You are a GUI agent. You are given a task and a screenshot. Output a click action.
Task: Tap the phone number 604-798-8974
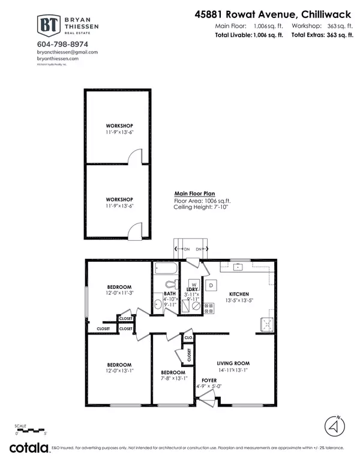click(62, 44)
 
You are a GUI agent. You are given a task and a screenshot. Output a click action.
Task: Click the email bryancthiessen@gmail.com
click(67, 52)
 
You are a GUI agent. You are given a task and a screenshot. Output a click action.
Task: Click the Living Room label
click(233, 363)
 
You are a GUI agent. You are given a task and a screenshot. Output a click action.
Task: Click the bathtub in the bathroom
click(170, 268)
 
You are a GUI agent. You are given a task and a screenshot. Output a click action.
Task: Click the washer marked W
click(194, 285)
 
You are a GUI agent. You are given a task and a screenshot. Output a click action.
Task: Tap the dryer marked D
click(211, 285)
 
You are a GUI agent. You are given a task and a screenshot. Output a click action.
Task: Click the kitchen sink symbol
click(265, 325)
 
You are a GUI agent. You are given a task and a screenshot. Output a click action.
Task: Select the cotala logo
click(29, 448)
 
